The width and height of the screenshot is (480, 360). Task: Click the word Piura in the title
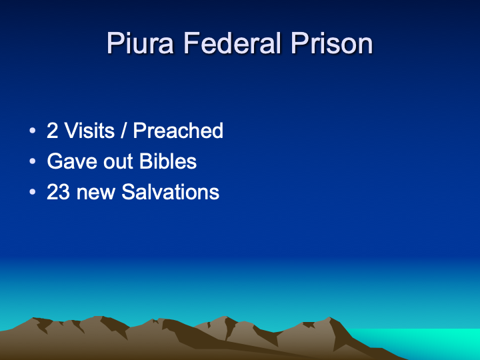point(140,43)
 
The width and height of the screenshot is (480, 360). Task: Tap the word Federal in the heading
point(232,43)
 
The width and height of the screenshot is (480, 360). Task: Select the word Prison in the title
point(331,43)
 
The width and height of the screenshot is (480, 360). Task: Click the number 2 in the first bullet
point(53,131)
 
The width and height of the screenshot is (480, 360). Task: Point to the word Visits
point(89,131)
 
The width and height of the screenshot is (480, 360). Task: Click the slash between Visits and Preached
point(124,131)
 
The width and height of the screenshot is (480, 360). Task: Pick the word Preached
point(178,131)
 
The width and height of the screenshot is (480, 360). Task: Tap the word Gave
point(73,161)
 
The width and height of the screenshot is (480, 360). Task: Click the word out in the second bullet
point(119,161)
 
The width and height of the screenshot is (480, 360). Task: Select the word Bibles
point(168,161)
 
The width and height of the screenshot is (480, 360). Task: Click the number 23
point(58,192)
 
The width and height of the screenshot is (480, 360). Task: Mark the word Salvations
point(170,192)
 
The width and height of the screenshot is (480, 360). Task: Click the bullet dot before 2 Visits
point(33,131)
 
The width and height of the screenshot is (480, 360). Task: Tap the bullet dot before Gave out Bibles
point(33,161)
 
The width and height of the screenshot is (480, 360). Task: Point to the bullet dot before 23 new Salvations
point(33,192)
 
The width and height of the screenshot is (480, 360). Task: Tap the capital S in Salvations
point(128,192)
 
